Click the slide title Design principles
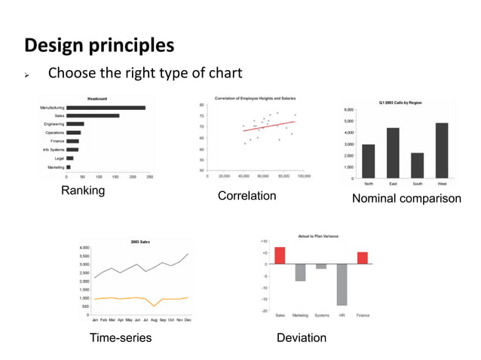point(100,45)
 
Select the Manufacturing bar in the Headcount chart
point(106,108)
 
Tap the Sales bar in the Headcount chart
point(93,116)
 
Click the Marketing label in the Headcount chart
point(55,167)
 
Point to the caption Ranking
point(83,191)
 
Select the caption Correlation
point(247,197)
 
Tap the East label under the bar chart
point(393,184)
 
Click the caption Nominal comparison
point(406,200)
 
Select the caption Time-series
point(121,338)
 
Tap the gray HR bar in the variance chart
point(342,284)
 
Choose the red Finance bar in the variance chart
point(363,258)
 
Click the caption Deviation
point(302,338)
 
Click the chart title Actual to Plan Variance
point(320,236)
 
